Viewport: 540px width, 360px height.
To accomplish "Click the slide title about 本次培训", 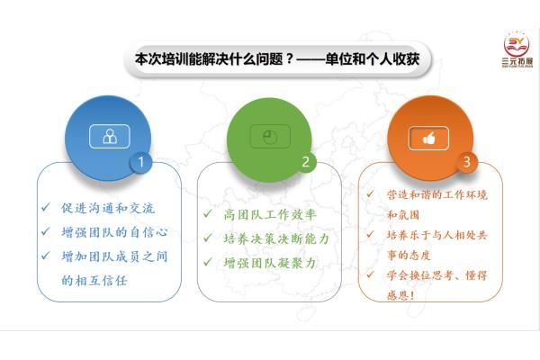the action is [277, 59].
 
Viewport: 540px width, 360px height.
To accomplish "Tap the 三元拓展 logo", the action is [517, 49].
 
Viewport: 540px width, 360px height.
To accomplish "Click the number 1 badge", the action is [141, 162].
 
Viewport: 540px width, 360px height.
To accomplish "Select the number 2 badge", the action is [305, 162].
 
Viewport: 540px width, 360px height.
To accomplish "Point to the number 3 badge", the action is [466, 162].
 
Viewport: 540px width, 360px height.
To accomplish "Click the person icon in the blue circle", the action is [110, 137].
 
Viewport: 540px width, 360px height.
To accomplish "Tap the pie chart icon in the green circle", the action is [270, 137].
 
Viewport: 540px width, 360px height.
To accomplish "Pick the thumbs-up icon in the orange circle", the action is [429, 138].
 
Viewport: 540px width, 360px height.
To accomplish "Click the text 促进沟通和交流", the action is [108, 208].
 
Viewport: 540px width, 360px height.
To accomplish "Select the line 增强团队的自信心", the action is [114, 232].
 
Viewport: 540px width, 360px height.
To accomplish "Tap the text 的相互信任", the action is [94, 281].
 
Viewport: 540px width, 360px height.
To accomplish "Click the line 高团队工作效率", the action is [270, 214].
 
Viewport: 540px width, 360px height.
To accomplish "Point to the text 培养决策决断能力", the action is [276, 238].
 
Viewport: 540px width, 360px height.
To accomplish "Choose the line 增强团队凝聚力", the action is [270, 263].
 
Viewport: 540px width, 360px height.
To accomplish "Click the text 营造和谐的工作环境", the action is [437, 194].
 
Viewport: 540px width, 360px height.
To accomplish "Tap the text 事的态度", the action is [409, 256].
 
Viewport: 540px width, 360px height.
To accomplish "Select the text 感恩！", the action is [400, 295].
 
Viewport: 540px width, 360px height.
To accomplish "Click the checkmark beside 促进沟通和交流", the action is [46, 207].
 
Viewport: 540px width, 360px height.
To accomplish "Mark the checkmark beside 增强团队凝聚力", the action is [208, 262].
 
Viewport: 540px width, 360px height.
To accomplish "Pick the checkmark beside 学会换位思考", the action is [370, 274].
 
